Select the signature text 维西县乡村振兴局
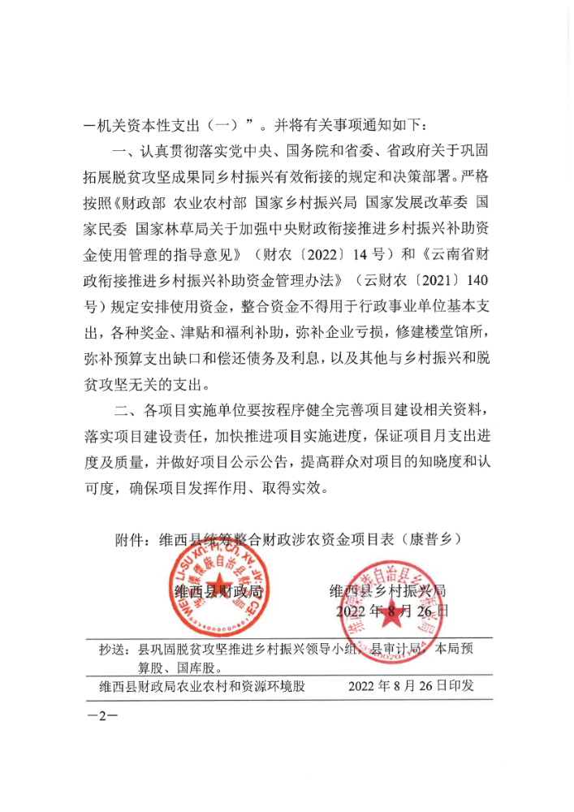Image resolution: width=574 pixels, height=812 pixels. click(387, 590)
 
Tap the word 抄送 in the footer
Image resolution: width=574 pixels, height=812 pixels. click(114, 650)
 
